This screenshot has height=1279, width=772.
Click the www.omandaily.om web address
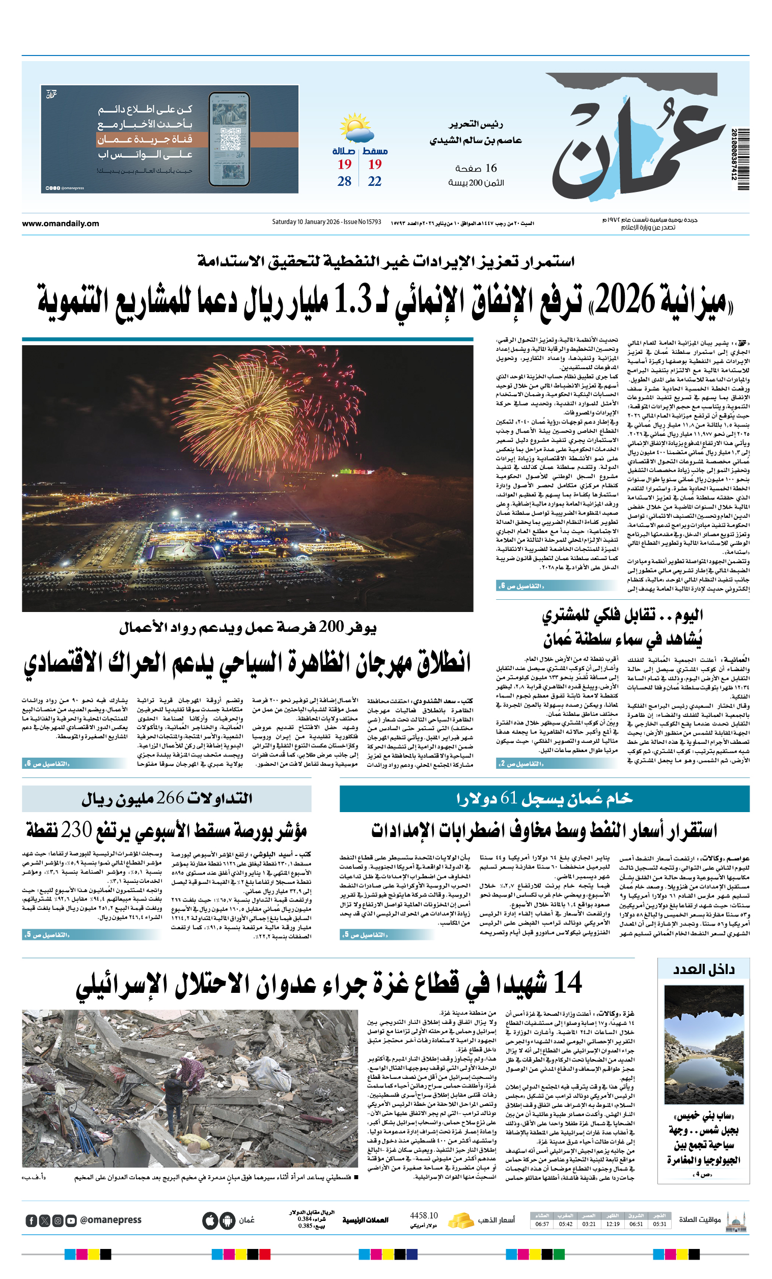(x=60, y=224)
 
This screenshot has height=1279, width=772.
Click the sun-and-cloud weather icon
(x=356, y=128)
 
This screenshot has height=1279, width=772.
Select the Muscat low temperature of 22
(x=374, y=181)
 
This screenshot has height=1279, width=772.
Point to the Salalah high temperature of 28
(x=344, y=181)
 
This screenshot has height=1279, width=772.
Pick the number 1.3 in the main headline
(x=352, y=301)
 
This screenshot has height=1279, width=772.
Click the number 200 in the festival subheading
(x=331, y=627)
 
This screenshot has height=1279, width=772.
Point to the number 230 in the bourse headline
(x=76, y=830)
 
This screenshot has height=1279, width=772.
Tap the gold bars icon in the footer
(x=460, y=1220)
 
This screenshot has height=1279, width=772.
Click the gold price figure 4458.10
(x=424, y=1216)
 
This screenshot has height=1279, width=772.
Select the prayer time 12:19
(x=613, y=1224)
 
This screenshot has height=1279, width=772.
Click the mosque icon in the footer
(x=736, y=1220)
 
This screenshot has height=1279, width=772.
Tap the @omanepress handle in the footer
(x=111, y=1220)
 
